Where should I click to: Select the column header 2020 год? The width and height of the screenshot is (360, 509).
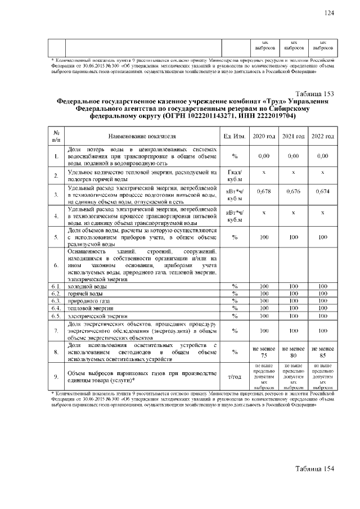pyautogui.click(x=264, y=137)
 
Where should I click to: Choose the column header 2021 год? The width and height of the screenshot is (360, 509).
pyautogui.click(x=293, y=137)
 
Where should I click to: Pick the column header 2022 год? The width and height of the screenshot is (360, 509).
pyautogui.click(x=322, y=137)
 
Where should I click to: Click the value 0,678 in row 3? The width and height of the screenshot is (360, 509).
pyautogui.click(x=264, y=192)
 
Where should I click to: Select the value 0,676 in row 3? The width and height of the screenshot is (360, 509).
pyautogui.click(x=293, y=192)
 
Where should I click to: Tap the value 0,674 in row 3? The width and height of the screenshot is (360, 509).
pyautogui.click(x=322, y=192)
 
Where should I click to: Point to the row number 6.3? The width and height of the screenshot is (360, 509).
pyautogui.click(x=56, y=301)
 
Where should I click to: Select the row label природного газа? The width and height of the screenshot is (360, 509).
pyautogui.click(x=88, y=301)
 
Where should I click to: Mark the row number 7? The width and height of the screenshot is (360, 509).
pyautogui.click(x=56, y=331)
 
